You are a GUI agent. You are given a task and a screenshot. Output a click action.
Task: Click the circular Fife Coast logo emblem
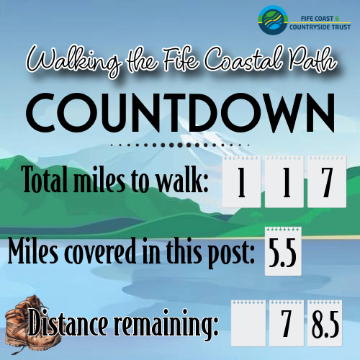(x=273, y=20)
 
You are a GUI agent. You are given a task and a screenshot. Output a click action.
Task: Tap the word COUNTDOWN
(x=180, y=112)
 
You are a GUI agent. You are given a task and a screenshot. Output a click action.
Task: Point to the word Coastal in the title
(x=243, y=58)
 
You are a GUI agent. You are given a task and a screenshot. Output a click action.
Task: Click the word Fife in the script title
(x=181, y=60)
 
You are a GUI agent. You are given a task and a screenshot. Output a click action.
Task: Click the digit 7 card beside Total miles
(x=327, y=181)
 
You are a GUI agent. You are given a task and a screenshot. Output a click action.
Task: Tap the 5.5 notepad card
(x=283, y=251)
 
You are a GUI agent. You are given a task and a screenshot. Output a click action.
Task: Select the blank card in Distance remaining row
(x=248, y=323)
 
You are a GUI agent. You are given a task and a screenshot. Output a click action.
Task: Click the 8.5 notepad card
(x=325, y=323)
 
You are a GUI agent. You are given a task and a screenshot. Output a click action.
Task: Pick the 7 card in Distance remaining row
(x=287, y=323)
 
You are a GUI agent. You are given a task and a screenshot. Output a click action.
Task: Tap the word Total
(x=45, y=179)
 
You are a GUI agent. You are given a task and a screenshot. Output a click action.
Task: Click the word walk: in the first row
(x=182, y=179)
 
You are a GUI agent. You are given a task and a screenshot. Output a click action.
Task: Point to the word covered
(x=101, y=251)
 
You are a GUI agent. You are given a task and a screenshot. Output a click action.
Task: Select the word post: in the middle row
(x=231, y=253)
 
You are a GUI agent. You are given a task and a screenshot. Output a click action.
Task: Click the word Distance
(x=68, y=322)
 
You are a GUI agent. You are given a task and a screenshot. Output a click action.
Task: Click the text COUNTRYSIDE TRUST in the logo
(x=320, y=27)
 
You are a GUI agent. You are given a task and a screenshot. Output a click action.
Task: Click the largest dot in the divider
(x=180, y=145)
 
